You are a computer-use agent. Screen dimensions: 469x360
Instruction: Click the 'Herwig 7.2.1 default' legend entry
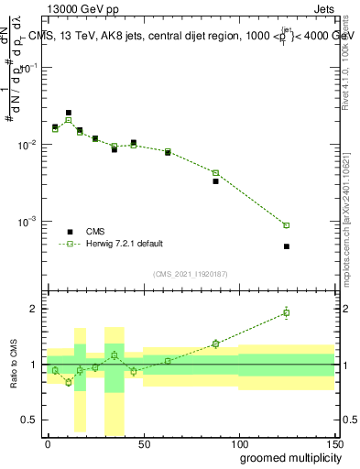(124, 244)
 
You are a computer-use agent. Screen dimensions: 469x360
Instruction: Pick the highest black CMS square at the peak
(69, 113)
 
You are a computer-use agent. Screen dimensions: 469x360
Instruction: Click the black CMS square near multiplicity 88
(216, 181)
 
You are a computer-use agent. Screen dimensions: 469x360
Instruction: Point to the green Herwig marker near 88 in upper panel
(216, 173)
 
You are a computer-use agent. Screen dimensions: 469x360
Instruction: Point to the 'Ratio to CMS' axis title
(12, 364)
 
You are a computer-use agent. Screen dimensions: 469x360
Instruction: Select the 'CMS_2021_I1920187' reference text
(190, 273)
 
